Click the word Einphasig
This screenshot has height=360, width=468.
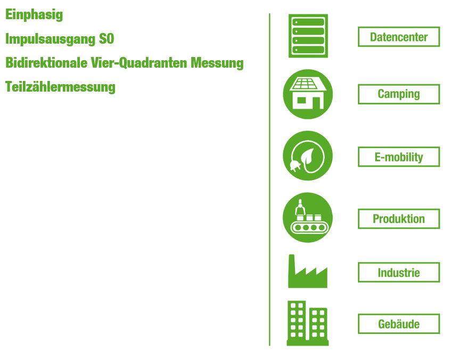(34, 14)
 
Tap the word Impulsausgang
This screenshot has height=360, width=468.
(50, 39)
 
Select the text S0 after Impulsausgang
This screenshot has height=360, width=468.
(106, 39)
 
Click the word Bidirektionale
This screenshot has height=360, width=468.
(46, 63)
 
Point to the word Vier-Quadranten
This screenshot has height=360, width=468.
(139, 63)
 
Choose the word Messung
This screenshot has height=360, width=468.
(217, 63)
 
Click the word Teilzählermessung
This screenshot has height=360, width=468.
(60, 87)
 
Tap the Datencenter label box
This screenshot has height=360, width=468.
(399, 37)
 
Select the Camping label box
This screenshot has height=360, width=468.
(399, 94)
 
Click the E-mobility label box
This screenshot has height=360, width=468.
(399, 157)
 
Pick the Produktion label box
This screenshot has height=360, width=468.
(399, 219)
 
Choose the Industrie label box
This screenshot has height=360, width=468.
(399, 272)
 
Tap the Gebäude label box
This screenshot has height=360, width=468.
(399, 324)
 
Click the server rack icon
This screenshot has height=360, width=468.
(308, 36)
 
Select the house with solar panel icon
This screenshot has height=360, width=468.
(308, 94)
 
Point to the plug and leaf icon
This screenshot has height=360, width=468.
(308, 156)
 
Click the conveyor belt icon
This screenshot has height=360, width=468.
(308, 217)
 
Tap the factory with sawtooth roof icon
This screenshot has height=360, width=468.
(308, 271)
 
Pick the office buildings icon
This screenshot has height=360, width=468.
(308, 323)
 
